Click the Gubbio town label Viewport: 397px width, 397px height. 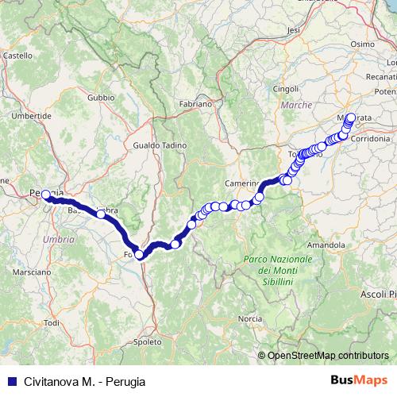click(x=102, y=98)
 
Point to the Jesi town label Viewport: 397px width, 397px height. click(x=295, y=29)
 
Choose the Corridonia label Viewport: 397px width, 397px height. click(x=370, y=138)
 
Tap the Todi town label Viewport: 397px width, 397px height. click(x=52, y=322)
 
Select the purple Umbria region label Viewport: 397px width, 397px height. click(x=54, y=239)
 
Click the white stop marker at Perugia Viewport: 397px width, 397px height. click(x=45, y=195)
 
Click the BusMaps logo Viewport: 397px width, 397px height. click(x=362, y=380)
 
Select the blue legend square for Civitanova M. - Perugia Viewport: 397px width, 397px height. click(x=10, y=380)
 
